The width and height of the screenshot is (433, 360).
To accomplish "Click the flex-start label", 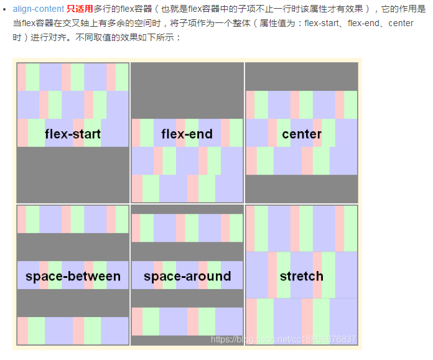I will pyautogui.click(x=73, y=134).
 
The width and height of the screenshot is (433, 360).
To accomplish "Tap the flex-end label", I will pyautogui.click(x=187, y=134).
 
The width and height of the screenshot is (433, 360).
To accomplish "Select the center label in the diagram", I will pyautogui.click(x=302, y=134).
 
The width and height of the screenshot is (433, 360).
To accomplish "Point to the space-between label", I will pyautogui.click(x=73, y=277).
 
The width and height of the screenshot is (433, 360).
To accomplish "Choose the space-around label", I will pyautogui.click(x=187, y=277).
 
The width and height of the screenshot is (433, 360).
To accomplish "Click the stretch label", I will pyautogui.click(x=302, y=277).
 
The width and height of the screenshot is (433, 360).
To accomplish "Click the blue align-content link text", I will pyautogui.click(x=38, y=10).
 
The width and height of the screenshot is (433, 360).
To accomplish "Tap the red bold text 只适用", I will pyautogui.click(x=80, y=10).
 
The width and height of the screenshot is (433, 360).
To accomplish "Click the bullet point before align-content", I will pyautogui.click(x=5, y=10).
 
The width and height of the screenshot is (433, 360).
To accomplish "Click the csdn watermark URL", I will pyautogui.click(x=284, y=339).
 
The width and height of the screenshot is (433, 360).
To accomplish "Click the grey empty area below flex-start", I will pyautogui.click(x=73, y=174).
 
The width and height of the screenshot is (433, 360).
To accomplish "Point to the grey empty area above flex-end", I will pyautogui.click(x=187, y=90).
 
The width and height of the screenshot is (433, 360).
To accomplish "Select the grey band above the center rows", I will pyautogui.click(x=302, y=76).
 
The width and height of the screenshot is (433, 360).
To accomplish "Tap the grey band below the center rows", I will pyautogui.click(x=302, y=188).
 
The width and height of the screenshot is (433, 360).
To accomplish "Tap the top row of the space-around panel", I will pyautogui.click(x=187, y=228).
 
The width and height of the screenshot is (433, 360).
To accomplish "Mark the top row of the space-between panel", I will pyautogui.click(x=73, y=219).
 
